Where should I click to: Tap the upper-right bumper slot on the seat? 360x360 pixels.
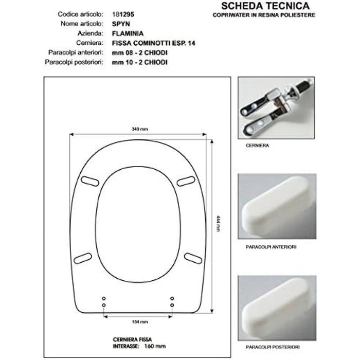[186, 181]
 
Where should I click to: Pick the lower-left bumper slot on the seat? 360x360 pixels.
[83, 258]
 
